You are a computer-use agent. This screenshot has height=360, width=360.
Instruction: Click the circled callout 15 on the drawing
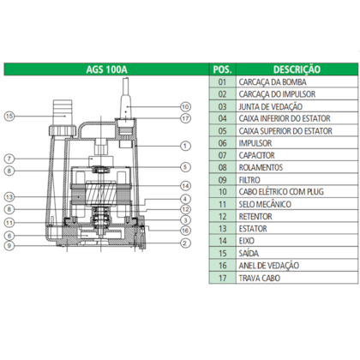[9, 116]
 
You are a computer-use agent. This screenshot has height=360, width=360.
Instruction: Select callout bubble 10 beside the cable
[185, 106]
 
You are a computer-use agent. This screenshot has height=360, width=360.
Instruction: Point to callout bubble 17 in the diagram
[185, 117]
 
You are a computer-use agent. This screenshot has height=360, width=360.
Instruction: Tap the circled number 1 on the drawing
[185, 147]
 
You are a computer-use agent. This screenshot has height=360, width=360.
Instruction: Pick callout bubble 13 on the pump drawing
[9, 196]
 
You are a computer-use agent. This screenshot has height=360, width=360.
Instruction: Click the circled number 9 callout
[9, 246]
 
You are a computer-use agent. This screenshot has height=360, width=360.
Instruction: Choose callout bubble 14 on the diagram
[185, 186]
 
